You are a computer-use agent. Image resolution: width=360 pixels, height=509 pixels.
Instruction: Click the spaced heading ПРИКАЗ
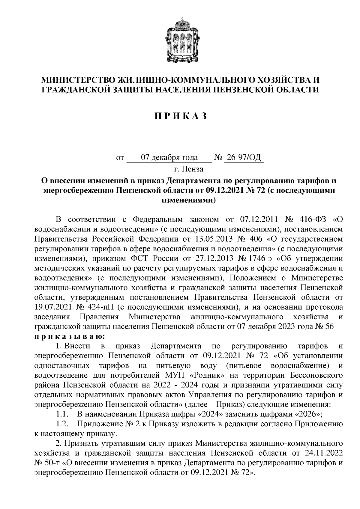[180, 116]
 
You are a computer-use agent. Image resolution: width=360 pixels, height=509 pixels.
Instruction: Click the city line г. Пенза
[188, 169]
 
